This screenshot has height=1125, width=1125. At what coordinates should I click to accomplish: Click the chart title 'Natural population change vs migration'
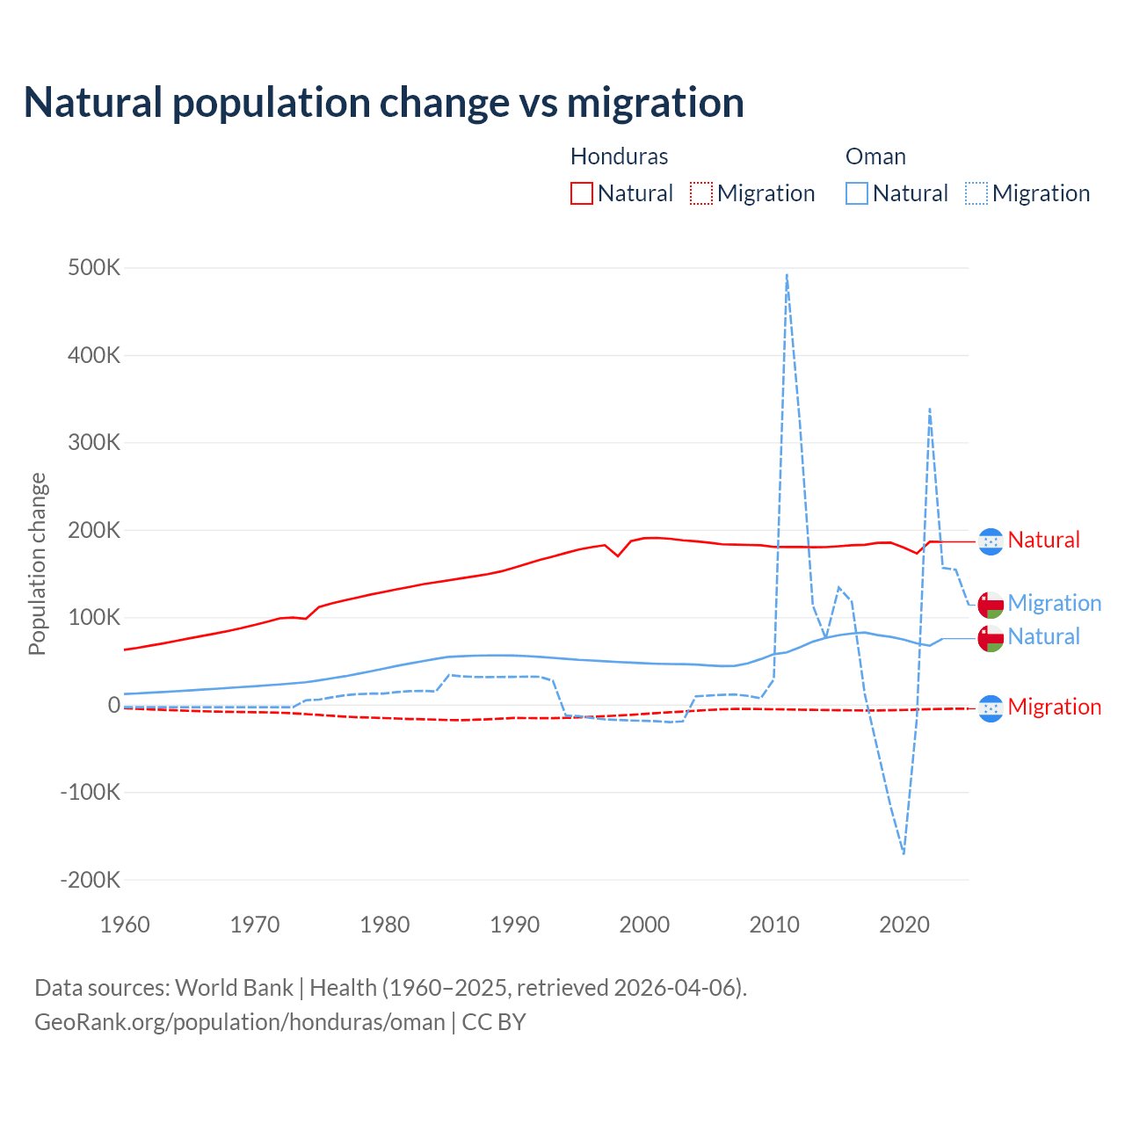(x=384, y=103)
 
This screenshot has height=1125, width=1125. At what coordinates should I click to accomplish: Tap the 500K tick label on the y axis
(x=94, y=268)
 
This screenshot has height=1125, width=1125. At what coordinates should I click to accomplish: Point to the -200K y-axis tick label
(x=90, y=880)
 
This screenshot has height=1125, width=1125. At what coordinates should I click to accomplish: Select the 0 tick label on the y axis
(x=114, y=705)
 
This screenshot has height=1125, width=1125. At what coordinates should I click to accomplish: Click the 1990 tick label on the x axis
(x=514, y=925)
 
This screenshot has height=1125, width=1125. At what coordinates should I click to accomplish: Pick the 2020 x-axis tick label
(x=904, y=925)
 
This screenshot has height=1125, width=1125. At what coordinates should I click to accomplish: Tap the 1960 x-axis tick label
(x=125, y=925)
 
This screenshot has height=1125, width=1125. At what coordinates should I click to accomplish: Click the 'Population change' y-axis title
(x=37, y=564)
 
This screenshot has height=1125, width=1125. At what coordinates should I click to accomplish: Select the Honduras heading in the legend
(x=619, y=156)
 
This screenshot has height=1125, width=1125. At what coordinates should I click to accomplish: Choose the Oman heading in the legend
(x=875, y=156)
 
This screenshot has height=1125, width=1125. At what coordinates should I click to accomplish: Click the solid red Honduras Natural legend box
(x=582, y=193)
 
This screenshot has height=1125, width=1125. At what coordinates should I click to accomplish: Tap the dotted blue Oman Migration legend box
(x=976, y=193)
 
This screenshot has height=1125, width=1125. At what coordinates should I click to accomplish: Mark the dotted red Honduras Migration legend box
(x=701, y=193)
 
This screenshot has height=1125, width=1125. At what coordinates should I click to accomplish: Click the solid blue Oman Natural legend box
(x=857, y=193)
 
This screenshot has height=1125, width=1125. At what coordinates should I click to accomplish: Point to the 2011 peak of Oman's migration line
(x=787, y=275)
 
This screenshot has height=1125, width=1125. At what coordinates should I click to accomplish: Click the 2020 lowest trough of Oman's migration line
(x=904, y=853)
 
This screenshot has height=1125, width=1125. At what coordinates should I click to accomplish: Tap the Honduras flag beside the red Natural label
(x=991, y=541)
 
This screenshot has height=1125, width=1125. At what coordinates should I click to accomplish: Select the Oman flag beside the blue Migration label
(x=991, y=605)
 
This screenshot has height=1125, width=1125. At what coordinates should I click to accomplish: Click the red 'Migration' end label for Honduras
(x=1054, y=707)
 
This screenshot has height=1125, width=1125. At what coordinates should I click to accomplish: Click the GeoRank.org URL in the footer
(x=240, y=1022)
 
